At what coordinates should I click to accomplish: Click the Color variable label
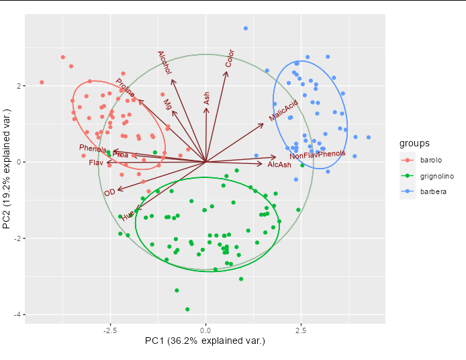click(x=230, y=58)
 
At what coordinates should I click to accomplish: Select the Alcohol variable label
click(x=165, y=62)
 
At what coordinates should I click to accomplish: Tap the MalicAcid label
click(x=283, y=111)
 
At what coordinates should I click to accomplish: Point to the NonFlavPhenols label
click(x=317, y=155)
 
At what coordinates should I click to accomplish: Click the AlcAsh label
click(x=279, y=165)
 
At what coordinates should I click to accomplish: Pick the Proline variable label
click(x=125, y=87)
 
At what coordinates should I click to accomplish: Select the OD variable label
click(x=109, y=193)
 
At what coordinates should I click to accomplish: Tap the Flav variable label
click(x=96, y=163)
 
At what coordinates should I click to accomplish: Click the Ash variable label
click(x=207, y=98)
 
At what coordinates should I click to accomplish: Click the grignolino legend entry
click(x=432, y=176)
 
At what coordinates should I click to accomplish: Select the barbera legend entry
click(x=428, y=191)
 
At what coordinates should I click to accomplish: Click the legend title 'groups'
click(x=415, y=144)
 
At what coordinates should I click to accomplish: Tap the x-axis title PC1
click(x=205, y=341)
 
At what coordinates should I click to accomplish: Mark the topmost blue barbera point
click(x=246, y=28)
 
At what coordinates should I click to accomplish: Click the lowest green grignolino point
click(x=187, y=309)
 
